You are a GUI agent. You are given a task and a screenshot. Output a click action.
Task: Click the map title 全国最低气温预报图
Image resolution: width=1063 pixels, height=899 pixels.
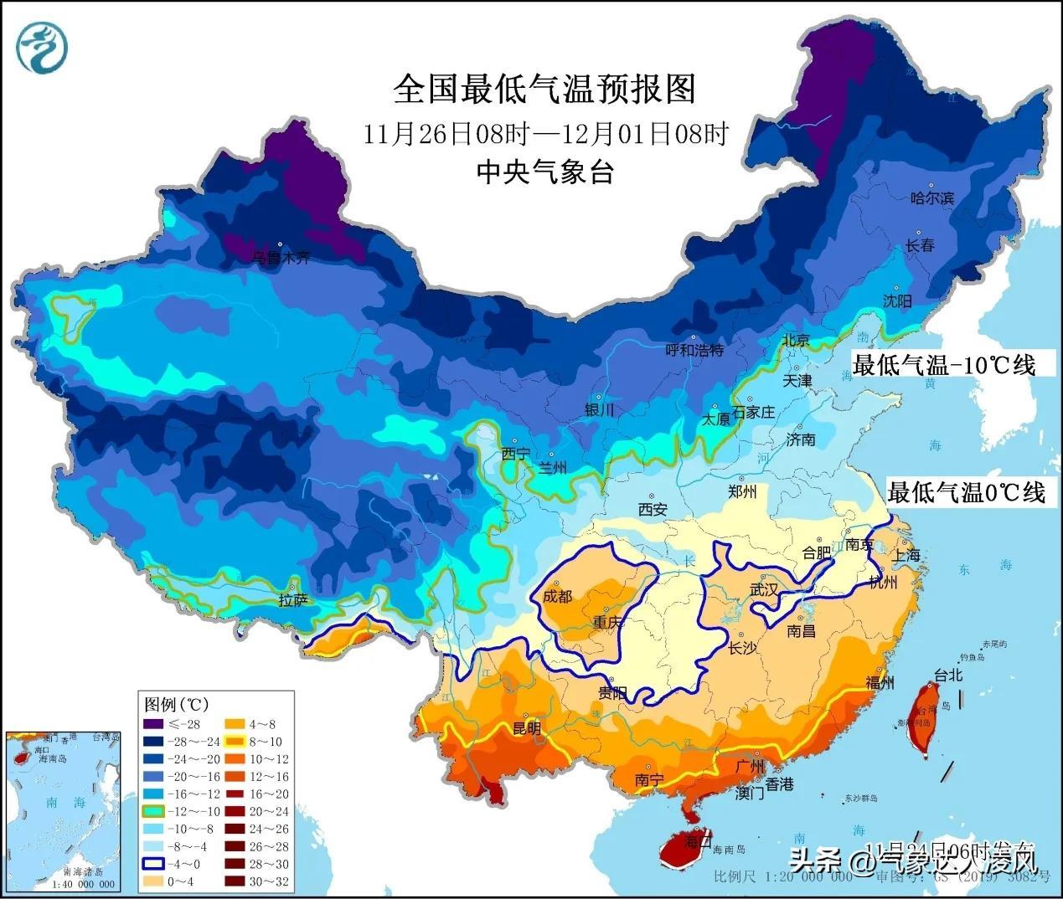(544, 88)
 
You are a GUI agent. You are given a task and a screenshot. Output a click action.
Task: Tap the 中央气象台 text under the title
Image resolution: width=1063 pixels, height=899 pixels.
(544, 172)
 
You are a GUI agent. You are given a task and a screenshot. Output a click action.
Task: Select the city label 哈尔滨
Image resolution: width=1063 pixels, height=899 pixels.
(932, 198)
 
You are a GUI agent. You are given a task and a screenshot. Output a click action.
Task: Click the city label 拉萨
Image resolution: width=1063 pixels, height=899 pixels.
(293, 599)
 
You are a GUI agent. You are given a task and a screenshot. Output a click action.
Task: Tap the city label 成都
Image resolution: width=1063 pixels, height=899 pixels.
(557, 596)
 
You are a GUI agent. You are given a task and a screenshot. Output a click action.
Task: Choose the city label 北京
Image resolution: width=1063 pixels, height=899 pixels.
(796, 341)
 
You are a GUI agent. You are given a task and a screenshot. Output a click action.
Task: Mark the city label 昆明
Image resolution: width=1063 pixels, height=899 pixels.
(527, 729)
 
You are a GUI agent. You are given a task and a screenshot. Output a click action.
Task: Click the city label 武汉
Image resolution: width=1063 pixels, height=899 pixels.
(764, 589)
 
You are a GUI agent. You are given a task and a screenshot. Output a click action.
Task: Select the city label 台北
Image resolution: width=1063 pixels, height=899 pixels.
(948, 675)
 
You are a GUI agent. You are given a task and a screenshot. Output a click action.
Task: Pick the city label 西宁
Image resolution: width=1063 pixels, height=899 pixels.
(515, 455)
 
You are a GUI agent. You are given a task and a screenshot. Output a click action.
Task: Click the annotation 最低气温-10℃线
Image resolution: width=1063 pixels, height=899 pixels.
(943, 365)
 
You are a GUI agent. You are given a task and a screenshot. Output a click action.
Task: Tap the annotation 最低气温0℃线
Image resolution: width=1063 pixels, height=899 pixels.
(967, 492)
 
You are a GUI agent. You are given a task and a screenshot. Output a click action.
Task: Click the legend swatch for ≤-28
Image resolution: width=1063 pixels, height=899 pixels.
(152, 724)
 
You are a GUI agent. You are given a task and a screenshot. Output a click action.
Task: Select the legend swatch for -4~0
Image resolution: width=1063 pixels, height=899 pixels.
(152, 863)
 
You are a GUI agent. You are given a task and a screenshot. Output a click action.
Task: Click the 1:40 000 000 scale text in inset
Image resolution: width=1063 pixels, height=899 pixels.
(83, 884)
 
